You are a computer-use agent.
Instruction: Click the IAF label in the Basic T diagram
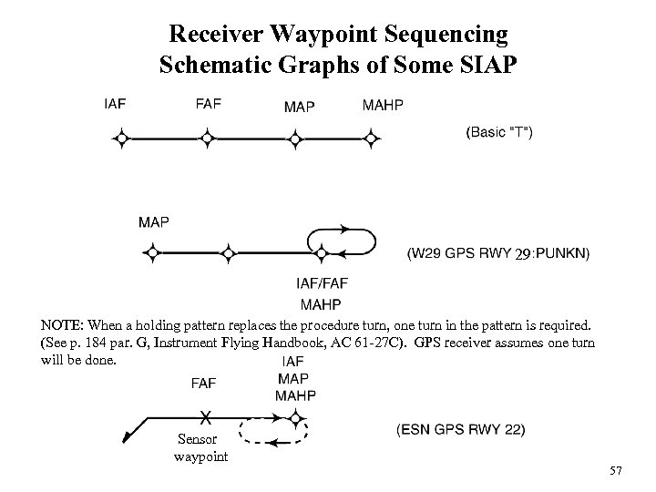[x=116, y=105]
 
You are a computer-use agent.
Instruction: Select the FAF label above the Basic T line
[x=208, y=105]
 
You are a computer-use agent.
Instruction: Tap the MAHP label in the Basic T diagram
[x=383, y=105]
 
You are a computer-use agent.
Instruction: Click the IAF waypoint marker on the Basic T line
[x=118, y=138]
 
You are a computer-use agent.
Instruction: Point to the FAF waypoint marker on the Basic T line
[x=208, y=138]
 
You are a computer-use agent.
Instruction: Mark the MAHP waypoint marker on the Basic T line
[x=370, y=138]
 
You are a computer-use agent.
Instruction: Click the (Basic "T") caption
[x=500, y=132]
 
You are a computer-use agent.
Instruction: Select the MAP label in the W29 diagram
[x=153, y=222]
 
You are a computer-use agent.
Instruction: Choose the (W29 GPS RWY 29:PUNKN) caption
[x=497, y=252]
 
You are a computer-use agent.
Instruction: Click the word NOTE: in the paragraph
[x=62, y=324]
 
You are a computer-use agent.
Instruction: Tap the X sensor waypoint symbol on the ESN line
[x=207, y=417]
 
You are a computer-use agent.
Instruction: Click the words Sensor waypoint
[x=200, y=448]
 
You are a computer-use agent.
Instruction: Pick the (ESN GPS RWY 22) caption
[x=460, y=429]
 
